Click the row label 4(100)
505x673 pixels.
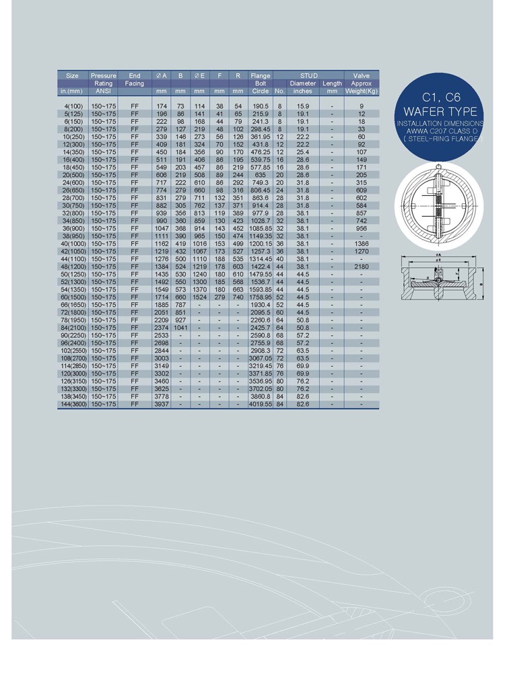72,106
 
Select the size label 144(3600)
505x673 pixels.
72,404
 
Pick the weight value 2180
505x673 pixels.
362,267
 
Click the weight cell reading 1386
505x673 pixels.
362,242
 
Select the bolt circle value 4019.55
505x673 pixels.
260,404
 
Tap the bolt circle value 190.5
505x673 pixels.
260,106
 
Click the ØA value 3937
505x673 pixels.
162,404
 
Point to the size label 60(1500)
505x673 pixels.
72,296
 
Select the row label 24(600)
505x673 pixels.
72,182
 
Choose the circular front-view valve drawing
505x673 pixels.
438,207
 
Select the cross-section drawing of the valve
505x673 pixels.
438,283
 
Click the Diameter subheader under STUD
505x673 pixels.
303,83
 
